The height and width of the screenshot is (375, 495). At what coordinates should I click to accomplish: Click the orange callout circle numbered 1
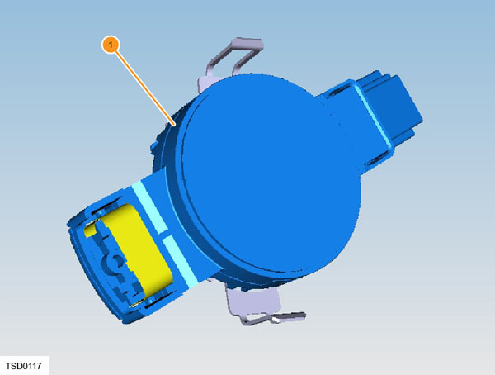coord(111,45)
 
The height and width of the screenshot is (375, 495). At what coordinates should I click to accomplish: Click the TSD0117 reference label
coord(24,366)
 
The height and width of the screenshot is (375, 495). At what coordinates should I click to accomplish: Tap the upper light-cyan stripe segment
coord(148,207)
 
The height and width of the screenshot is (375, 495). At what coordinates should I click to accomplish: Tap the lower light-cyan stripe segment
coord(180,262)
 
